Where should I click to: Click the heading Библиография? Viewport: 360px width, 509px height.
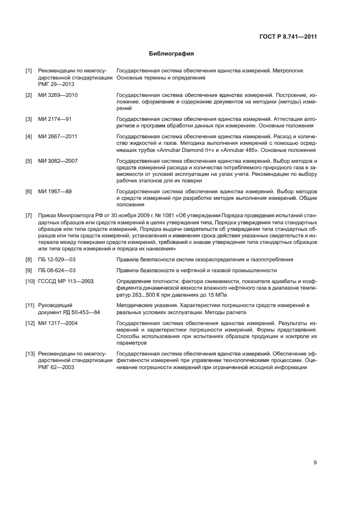pyautogui.click(x=172, y=54)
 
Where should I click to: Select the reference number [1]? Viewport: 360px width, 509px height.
pyautogui.click(x=29, y=71)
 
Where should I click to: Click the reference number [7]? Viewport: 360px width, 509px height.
pyautogui.click(x=29, y=215)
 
